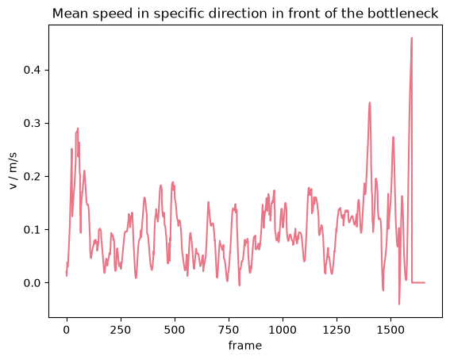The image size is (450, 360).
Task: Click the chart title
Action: pos(245,13)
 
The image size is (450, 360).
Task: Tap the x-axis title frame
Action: pos(245,345)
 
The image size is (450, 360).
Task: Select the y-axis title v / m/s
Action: pos(13,171)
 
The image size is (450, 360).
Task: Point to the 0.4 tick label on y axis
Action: pos(32,70)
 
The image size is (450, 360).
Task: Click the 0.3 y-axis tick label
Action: pos(32,123)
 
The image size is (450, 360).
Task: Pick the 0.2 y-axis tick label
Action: pos(32,176)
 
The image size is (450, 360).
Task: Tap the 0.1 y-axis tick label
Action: pos(32,230)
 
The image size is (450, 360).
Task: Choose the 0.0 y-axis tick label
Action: pos(32,283)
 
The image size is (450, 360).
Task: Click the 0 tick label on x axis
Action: pos(67,330)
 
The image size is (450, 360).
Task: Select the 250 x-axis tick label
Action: pos(121,330)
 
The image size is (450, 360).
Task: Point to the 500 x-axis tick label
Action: pos(175,330)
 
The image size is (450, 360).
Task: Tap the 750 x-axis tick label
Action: pos(229,330)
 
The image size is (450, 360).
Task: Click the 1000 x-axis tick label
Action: pos(283,330)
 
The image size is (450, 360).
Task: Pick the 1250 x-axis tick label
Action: pos(337,330)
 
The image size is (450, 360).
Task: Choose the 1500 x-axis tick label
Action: pos(390,330)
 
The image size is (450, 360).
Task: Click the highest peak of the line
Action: pos(412,38)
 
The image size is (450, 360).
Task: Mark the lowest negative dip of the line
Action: pos(399,304)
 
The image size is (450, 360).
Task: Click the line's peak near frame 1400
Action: pos(370,102)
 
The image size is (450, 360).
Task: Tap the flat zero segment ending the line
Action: pos(418,282)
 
